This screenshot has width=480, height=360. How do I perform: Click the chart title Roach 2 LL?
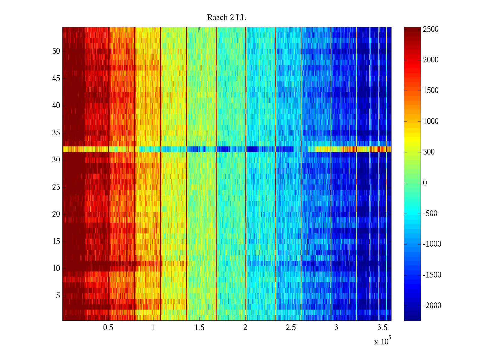[x=226, y=18]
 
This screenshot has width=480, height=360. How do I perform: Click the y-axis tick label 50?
[x=56, y=51]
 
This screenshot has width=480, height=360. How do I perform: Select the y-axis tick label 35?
[x=56, y=133]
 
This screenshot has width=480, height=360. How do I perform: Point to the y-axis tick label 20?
[x=56, y=214]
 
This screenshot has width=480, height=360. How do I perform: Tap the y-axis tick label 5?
[x=58, y=296]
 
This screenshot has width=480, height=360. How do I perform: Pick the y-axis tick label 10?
[x=56, y=268]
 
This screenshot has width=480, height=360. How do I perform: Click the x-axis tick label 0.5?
[x=108, y=328]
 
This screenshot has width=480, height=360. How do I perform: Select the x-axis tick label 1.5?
[x=199, y=328]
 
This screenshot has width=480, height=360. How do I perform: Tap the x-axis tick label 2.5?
[x=291, y=328]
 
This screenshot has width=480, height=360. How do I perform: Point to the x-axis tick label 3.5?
[x=382, y=328]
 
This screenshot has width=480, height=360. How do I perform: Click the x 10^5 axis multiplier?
[x=382, y=341]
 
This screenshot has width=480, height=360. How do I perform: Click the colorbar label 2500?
[x=431, y=29]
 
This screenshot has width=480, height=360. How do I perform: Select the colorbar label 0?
[x=425, y=183]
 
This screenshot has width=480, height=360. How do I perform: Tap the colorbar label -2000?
[x=432, y=306]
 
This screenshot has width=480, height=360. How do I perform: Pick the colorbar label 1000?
[x=431, y=121]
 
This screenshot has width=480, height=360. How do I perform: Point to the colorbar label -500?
[x=430, y=214]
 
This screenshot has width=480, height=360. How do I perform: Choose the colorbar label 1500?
[x=431, y=91]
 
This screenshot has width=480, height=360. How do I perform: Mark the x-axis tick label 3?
[x=336, y=328]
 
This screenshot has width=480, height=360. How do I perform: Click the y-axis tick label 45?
[x=56, y=79]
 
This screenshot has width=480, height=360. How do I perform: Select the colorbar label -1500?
[x=432, y=275]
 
